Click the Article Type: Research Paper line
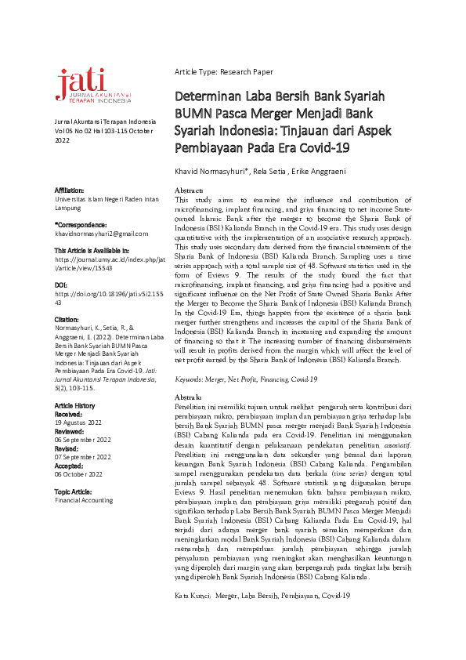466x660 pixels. pyautogui.click(x=223, y=72)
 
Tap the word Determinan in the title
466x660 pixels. pyautogui.click(x=206, y=97)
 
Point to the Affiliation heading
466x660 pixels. pyautogui.click(x=70, y=190)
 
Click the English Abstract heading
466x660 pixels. pyautogui.click(x=189, y=190)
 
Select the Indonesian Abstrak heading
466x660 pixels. pyautogui.click(x=188, y=397)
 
